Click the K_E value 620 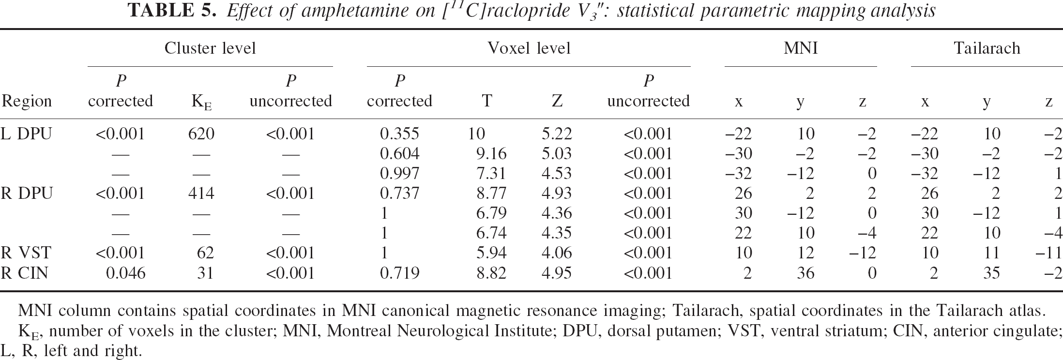(201, 134)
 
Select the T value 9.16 (491, 154)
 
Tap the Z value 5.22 (557, 134)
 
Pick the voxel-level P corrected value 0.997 (399, 174)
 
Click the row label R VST (26, 253)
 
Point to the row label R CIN (25, 273)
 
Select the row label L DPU (26, 134)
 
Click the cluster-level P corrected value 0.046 (125, 273)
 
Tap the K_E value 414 (201, 194)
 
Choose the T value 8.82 (491, 273)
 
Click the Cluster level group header (210, 48)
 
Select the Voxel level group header (529, 48)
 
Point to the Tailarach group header (987, 48)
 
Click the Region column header (27, 101)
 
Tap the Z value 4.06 (557, 253)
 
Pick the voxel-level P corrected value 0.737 (399, 194)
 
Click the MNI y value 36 (805, 273)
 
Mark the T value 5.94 (491, 253)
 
